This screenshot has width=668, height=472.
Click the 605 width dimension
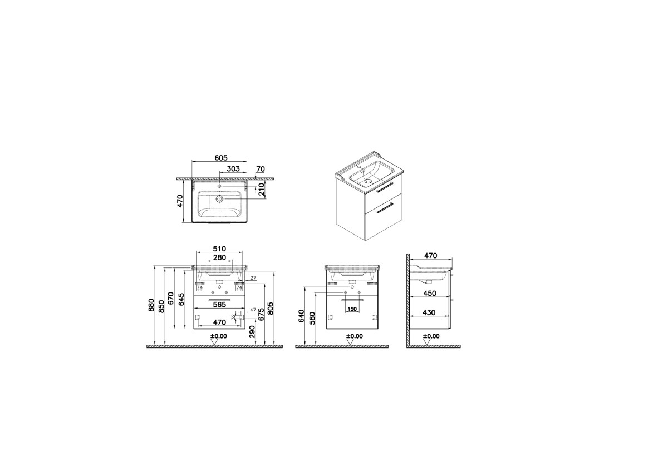tap(220, 158)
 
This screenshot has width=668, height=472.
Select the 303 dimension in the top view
tap(233, 168)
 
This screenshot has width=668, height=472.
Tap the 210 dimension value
tap(262, 191)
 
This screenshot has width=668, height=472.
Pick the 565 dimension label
tap(219, 304)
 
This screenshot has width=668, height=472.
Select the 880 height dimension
tap(151, 305)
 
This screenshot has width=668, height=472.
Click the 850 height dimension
tap(161, 305)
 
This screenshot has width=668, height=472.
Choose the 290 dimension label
tap(252, 332)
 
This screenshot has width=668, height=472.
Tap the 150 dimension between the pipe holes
tap(352, 309)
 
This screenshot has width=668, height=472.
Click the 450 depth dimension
tap(429, 294)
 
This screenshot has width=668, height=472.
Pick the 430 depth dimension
tap(429, 312)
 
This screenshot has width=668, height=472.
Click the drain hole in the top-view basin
tap(219, 198)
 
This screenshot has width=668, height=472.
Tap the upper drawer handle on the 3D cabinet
tap(385, 188)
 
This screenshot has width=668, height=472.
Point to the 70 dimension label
tap(260, 168)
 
